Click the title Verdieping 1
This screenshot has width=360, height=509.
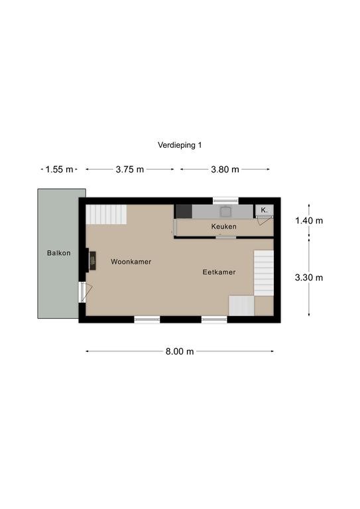click(180, 145)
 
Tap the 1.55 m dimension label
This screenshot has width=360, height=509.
click(59, 170)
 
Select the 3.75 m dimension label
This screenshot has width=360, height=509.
click(129, 170)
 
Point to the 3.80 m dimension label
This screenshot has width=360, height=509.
click(225, 170)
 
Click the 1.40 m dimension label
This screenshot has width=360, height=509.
click(309, 221)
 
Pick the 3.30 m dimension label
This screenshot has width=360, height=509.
click(309, 278)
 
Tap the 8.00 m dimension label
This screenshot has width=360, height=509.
click(180, 351)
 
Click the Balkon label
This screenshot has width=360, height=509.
click(59, 253)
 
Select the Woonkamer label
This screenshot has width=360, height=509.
click(131, 262)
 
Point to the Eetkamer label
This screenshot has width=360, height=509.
click(219, 272)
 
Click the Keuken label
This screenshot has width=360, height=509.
click(223, 226)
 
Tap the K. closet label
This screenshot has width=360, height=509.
click(265, 210)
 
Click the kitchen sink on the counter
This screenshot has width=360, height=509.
click(225, 212)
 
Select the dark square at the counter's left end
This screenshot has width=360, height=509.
click(184, 211)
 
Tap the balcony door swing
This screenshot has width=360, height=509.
click(86, 292)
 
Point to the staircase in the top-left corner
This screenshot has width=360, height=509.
click(106, 214)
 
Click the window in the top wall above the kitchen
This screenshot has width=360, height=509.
click(225, 200)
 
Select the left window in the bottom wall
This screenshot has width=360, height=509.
click(147, 319)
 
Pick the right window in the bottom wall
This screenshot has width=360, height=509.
click(214, 319)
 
